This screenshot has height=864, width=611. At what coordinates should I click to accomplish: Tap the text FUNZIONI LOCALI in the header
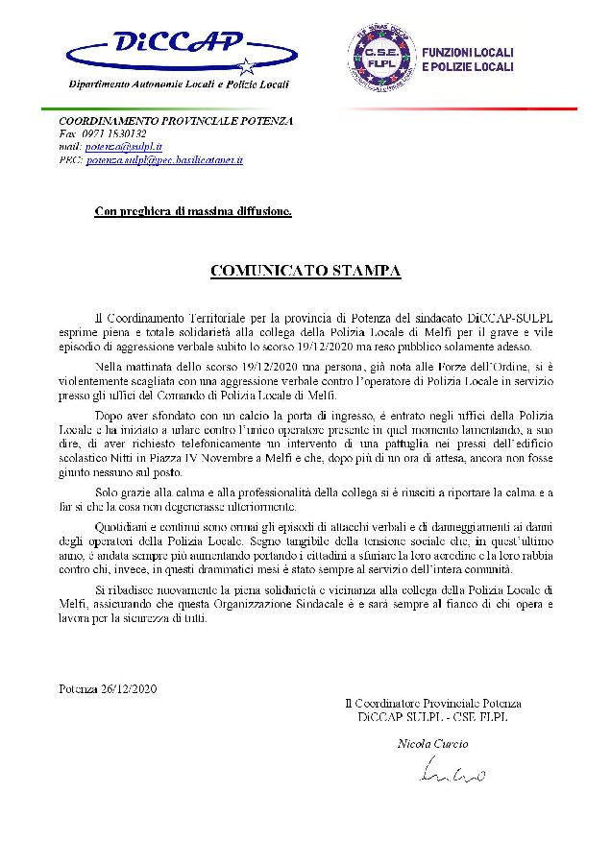(469, 52)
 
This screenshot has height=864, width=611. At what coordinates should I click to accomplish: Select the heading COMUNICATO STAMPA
(305, 271)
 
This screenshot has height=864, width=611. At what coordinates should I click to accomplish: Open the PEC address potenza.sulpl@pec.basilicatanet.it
(164, 160)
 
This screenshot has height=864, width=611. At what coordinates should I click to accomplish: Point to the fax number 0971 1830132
(110, 134)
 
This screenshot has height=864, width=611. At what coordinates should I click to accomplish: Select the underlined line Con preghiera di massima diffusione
(193, 210)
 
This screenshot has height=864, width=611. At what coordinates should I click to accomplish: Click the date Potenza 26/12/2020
(107, 689)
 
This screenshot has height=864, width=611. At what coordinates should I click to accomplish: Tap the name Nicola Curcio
(429, 743)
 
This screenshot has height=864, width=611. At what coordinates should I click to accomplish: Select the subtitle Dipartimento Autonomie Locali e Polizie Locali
(179, 84)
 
